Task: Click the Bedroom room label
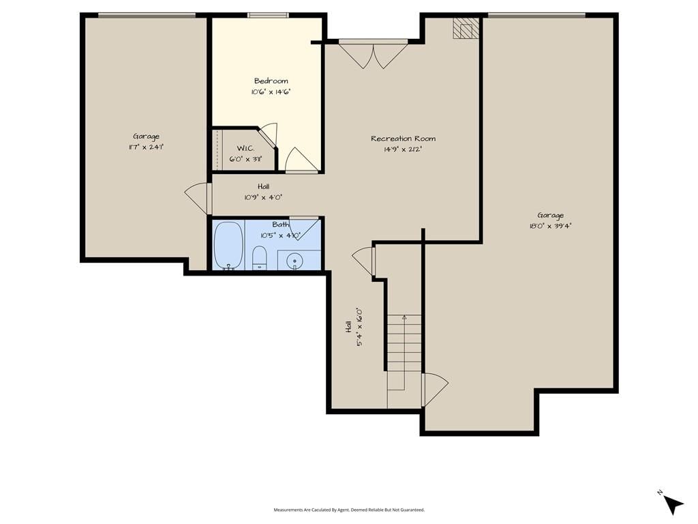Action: (271, 81)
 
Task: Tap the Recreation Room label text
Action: (404, 139)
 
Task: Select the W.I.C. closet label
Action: (245, 148)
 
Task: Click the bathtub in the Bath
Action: (229, 246)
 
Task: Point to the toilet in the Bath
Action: (259, 258)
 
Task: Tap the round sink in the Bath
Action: (294, 261)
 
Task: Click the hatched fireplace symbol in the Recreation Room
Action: (466, 29)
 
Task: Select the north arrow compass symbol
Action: (672, 504)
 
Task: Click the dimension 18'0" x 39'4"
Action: (550, 226)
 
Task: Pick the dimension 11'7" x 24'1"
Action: (146, 147)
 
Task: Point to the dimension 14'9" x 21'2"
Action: (403, 149)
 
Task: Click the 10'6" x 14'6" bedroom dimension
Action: (271, 92)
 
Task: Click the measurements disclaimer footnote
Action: (349, 510)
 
